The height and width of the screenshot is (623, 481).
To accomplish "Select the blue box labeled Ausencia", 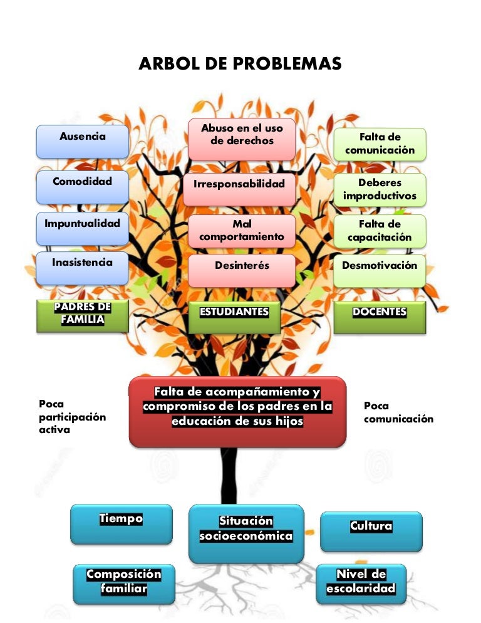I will point(83,142).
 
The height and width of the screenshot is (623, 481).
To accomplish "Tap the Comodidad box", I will point(83,187).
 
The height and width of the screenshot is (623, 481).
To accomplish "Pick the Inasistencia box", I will point(83,267).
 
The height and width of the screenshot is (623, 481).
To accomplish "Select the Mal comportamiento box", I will point(242,231).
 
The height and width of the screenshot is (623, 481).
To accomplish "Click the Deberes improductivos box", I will point(380,190).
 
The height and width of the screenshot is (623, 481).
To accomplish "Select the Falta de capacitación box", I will point(380,231).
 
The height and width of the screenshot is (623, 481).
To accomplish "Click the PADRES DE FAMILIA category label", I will point(83,315).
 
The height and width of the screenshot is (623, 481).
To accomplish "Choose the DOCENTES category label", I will point(380,317).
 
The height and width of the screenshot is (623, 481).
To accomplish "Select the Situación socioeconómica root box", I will point(246,533).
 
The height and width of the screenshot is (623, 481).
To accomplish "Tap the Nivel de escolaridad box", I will point(361,583).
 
